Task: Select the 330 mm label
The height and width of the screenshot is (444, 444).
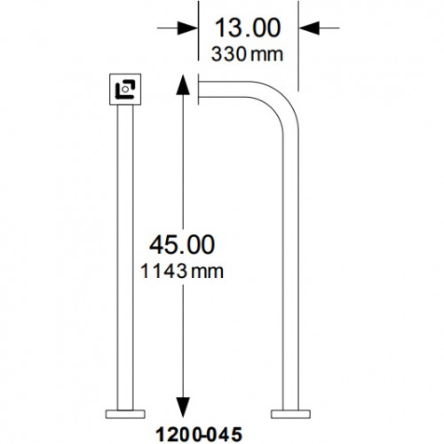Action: click(247, 54)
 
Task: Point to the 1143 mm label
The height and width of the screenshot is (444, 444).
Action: click(183, 269)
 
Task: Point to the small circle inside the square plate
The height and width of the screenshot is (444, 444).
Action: click(128, 89)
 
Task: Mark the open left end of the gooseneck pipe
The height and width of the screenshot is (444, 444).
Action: click(200, 86)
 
